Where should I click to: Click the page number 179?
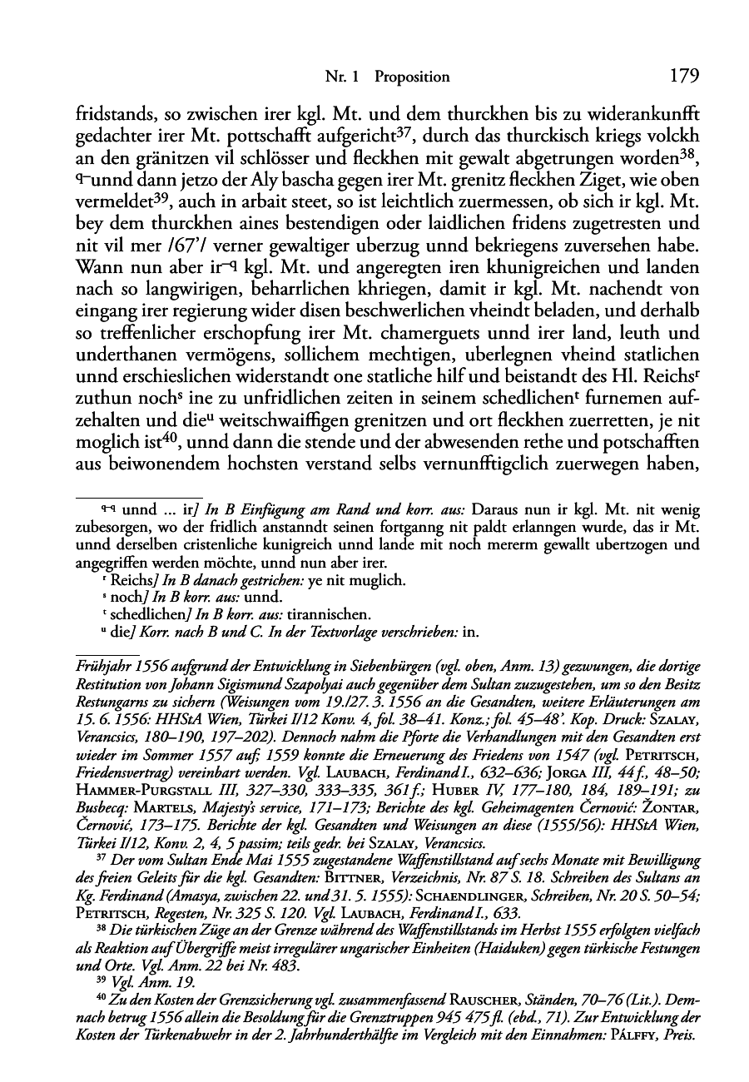click(683, 76)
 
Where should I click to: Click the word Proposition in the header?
click(412, 77)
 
